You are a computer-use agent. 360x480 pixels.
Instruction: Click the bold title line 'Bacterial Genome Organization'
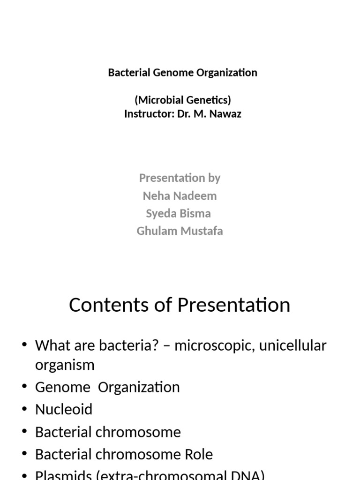click(x=182, y=73)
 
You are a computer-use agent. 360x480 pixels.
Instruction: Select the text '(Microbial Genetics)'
click(x=182, y=100)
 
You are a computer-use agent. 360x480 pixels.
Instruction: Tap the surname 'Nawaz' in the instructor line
click(x=226, y=114)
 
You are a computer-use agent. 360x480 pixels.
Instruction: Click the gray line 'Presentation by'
click(x=180, y=178)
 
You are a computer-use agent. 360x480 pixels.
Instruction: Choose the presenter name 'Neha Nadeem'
click(x=180, y=195)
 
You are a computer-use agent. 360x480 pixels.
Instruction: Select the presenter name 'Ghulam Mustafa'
click(x=180, y=231)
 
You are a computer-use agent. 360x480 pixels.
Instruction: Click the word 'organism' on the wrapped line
click(x=65, y=365)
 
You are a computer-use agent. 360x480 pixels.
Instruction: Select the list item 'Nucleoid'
click(x=64, y=409)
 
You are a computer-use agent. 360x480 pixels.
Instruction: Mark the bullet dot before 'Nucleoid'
click(x=24, y=410)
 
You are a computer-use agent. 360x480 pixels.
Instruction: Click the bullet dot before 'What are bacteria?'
click(x=24, y=346)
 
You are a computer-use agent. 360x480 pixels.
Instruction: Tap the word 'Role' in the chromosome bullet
click(x=199, y=454)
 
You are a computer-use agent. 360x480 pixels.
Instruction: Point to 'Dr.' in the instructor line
click(x=185, y=114)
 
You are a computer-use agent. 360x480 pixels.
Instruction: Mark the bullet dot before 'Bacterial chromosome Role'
click(x=24, y=454)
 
